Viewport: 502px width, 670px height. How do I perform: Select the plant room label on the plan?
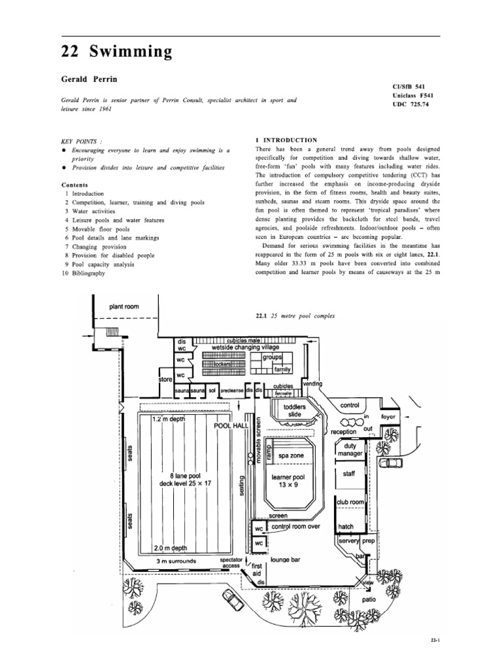pos(124,306)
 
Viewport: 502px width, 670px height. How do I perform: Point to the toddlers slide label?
pos(293,410)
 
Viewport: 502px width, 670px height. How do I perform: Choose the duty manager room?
pos(350,449)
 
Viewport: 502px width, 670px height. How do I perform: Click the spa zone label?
pos(290,455)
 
